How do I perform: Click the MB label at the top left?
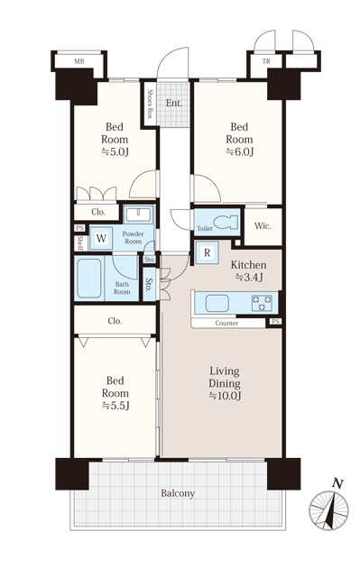pos(79,61)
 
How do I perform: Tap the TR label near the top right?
pos(266,61)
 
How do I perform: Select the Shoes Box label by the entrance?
pos(150,104)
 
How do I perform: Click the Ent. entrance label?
pos(174,103)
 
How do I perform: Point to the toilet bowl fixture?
pos(225,223)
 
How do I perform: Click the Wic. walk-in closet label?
pos(263,226)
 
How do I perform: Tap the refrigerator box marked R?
pos(208,252)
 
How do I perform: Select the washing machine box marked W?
pos(101,238)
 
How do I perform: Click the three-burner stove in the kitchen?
pos(262,303)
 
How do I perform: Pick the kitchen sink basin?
pos(217,304)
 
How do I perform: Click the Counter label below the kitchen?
pos(226,323)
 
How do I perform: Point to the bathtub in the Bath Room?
pos(89,278)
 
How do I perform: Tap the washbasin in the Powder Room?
pos(138,215)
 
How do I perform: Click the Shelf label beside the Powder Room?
pos(80,243)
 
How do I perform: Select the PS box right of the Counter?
pos(275,322)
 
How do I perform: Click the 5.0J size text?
pos(115,152)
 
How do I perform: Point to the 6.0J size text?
pos(240,152)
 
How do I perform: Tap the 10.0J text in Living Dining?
pos(225,397)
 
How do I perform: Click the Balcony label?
pos(178,493)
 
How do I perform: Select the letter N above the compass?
pos(337,483)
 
